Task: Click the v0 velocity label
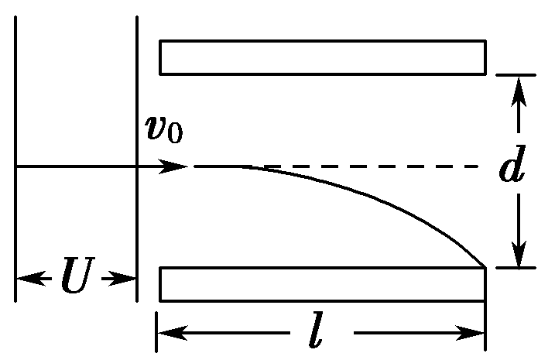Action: coord(164,129)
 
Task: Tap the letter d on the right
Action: coord(512,169)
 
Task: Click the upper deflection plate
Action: coord(322,57)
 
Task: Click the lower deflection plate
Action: coord(322,283)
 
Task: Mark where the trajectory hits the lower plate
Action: coord(484,266)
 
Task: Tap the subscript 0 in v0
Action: coord(176,134)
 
